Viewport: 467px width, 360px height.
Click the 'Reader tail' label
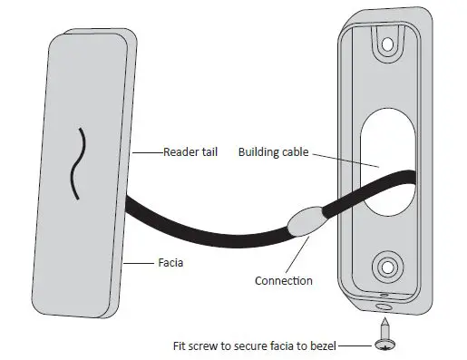click(x=187, y=151)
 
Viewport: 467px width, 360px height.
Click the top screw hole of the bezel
click(x=387, y=43)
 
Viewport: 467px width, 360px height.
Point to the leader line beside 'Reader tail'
click(x=149, y=152)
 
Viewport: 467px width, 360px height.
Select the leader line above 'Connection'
click(x=301, y=257)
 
